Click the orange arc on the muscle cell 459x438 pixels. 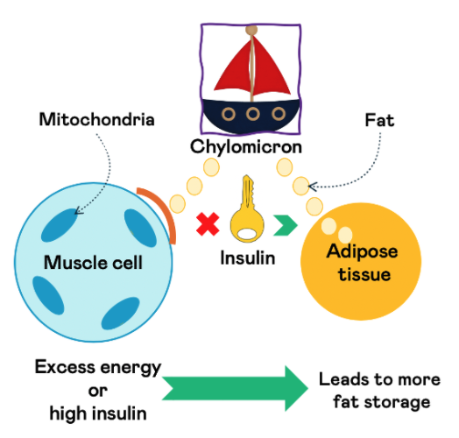(x=158, y=211)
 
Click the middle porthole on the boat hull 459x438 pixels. (x=251, y=114)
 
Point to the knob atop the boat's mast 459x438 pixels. (x=252, y=30)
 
